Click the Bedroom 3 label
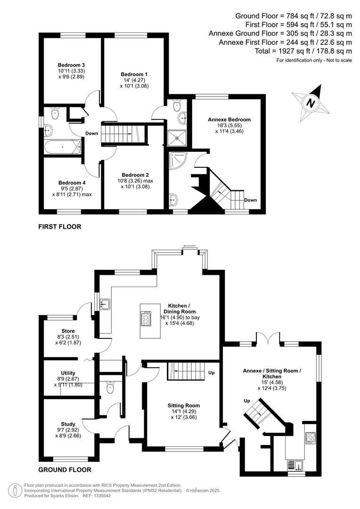click(71, 65)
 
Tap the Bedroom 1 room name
click(134, 74)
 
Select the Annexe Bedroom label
click(229, 120)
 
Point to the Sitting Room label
click(184, 405)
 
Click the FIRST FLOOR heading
click(60, 227)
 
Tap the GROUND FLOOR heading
click(65, 470)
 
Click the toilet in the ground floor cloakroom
click(111, 388)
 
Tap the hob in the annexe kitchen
click(311, 437)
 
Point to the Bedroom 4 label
click(72, 183)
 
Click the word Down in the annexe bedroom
click(251, 200)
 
